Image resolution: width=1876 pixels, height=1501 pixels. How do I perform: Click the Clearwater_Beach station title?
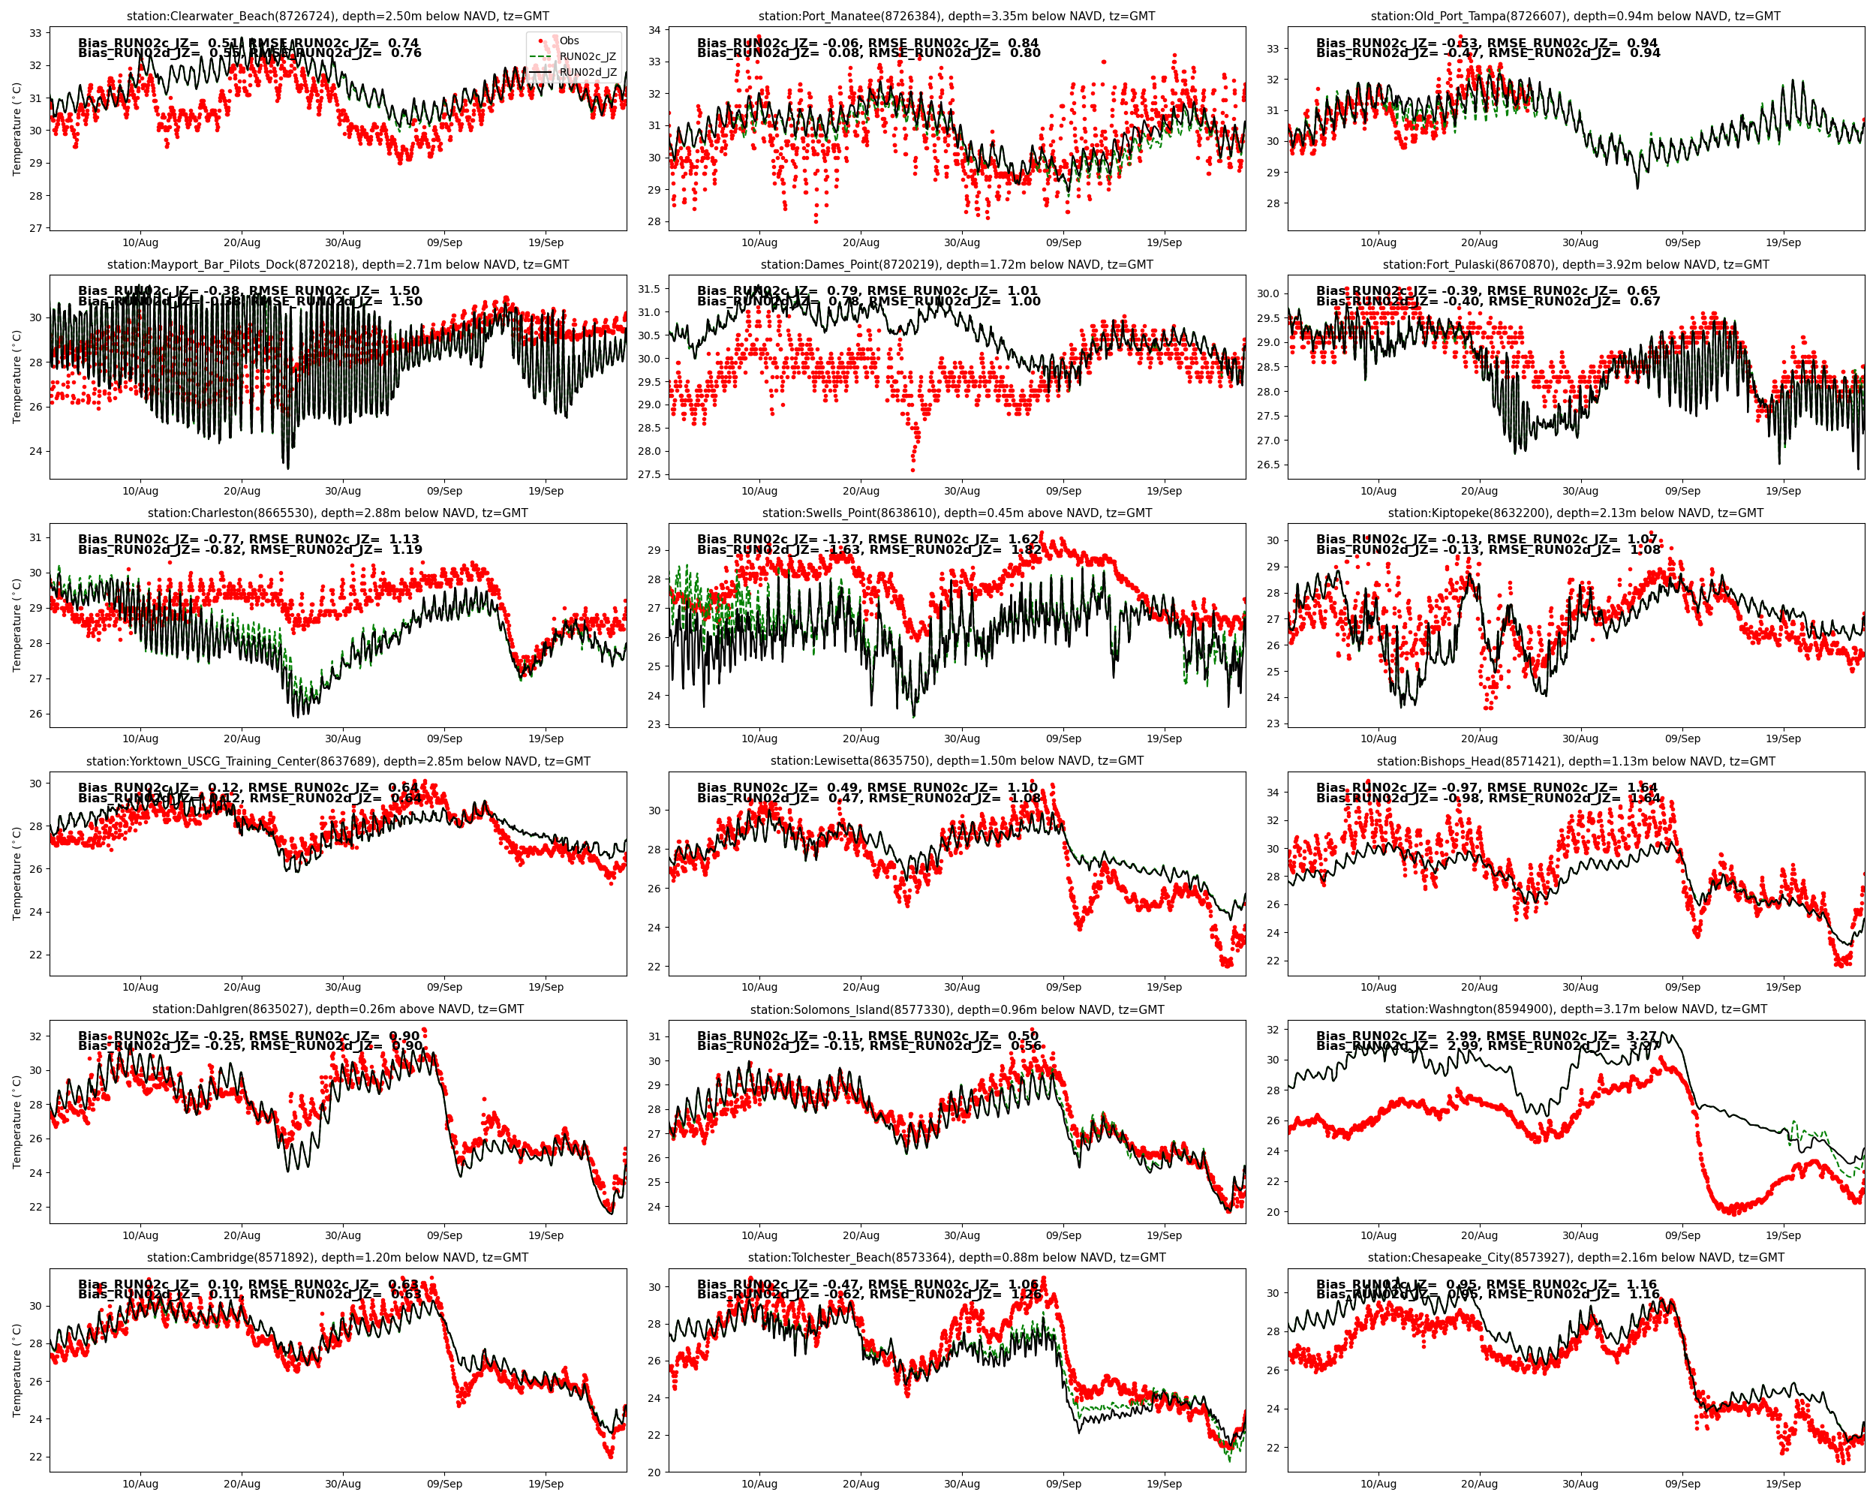pos(338,16)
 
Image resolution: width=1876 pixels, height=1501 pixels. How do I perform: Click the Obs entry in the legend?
pos(569,41)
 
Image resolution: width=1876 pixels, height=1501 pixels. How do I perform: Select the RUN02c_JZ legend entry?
pos(588,56)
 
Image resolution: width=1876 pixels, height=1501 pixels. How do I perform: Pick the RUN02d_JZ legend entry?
pos(588,72)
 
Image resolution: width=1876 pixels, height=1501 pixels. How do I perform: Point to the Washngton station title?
pos(1575,1009)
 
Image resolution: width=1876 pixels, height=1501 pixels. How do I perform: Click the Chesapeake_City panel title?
pos(1575,1257)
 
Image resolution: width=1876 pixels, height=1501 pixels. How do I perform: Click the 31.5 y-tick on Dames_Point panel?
pos(649,289)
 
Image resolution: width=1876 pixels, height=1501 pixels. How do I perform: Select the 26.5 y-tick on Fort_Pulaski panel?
pos(1267,465)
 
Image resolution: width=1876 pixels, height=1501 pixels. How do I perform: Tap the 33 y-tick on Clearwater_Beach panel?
pos(36,33)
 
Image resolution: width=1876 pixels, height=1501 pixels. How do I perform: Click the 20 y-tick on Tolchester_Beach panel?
pos(654,1472)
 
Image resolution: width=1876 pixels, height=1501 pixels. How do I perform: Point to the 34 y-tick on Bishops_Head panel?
pos(1273,793)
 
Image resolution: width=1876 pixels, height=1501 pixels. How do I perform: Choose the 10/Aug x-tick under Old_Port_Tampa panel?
pos(1378,242)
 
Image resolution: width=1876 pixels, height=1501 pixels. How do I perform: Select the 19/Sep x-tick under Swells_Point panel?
pos(1163,738)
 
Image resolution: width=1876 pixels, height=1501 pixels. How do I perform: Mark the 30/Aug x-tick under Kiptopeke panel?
pos(1580,738)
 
